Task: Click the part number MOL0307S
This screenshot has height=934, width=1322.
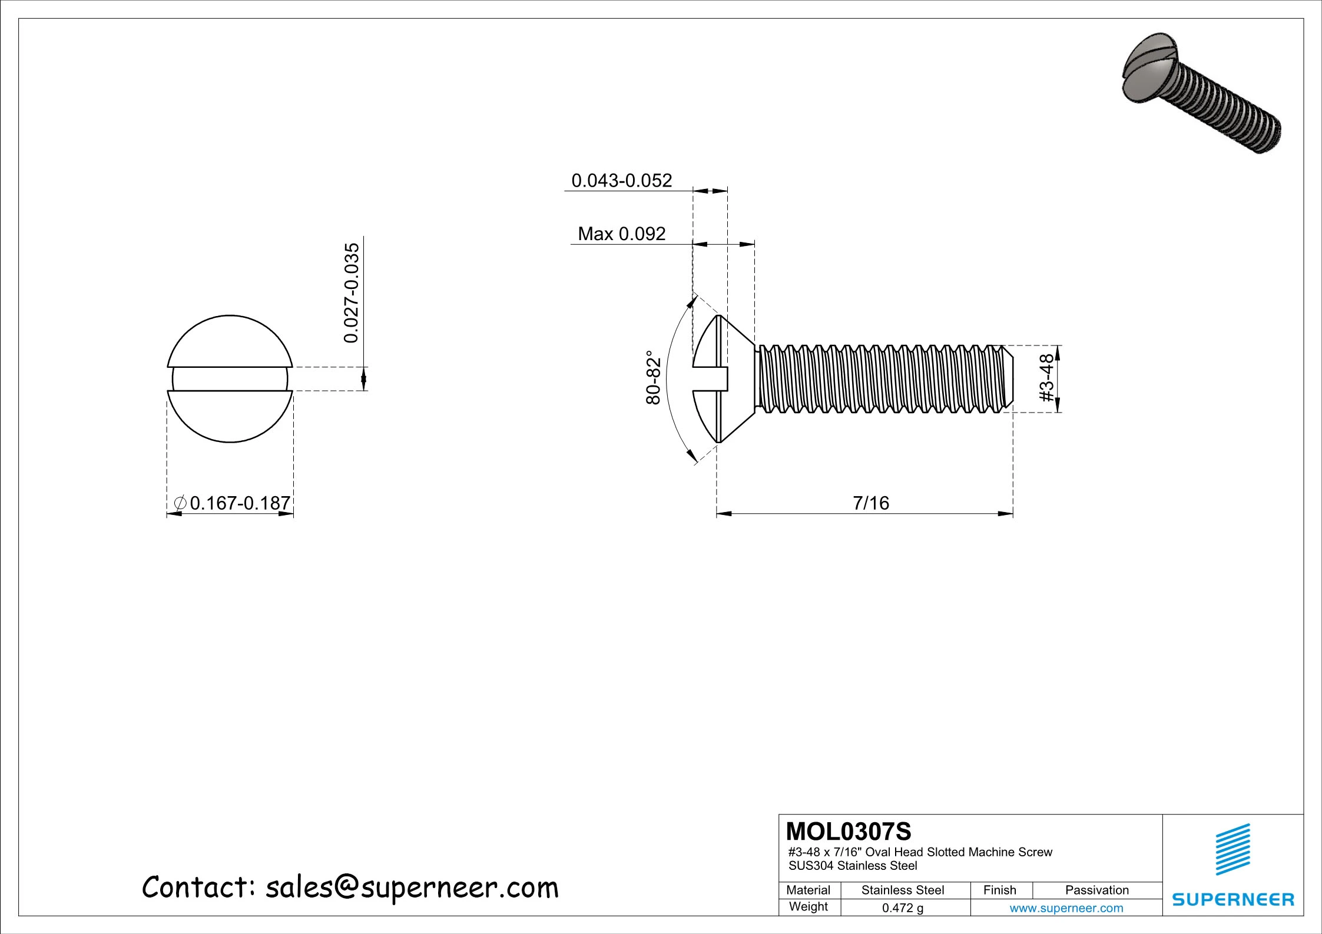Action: [x=848, y=832]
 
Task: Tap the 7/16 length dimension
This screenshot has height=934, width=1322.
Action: [x=870, y=503]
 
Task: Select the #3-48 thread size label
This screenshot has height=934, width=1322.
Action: [x=1046, y=378]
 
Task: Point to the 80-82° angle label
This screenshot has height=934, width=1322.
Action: [x=653, y=378]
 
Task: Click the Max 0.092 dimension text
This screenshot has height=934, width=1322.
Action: [x=621, y=234]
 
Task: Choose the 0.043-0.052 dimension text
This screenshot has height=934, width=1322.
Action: [x=621, y=180]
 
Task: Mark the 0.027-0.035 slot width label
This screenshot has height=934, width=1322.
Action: [x=352, y=293]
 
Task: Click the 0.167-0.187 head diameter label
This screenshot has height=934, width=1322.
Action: [x=240, y=503]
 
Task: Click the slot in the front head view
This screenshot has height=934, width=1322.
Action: [x=230, y=379]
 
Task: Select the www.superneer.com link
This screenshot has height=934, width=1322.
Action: [x=1066, y=908]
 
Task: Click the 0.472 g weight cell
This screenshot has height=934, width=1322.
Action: [x=902, y=908]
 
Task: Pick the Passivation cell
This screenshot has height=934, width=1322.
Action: [x=1096, y=890]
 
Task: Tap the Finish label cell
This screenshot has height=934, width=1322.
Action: [x=999, y=890]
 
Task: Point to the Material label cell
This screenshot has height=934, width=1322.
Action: [x=808, y=890]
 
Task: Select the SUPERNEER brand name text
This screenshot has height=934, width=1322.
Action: [x=1232, y=899]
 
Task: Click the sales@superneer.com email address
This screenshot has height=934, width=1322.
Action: [x=412, y=888]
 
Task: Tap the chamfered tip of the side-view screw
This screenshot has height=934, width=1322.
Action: [x=1008, y=378]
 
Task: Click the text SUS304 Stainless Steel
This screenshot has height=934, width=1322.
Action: [x=853, y=866]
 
